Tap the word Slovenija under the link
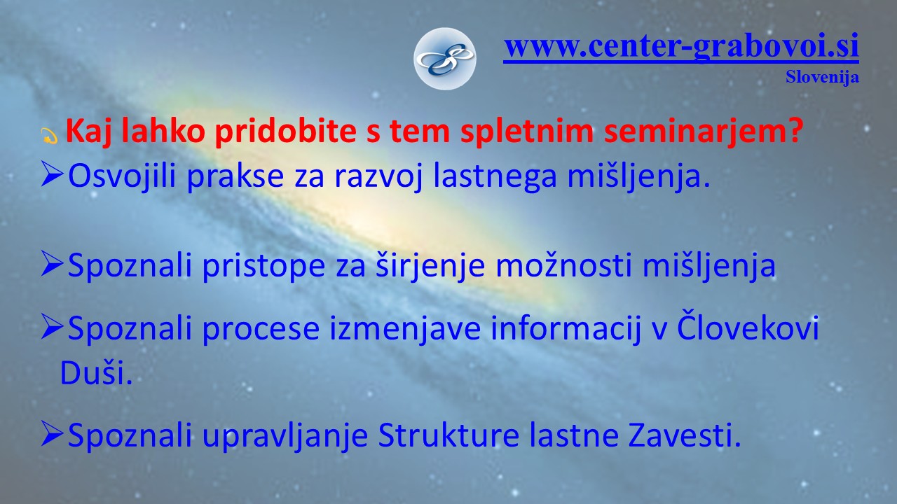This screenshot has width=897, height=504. click(822, 77)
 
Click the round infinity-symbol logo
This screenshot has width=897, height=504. click(444, 59)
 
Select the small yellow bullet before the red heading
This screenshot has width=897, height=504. click(49, 136)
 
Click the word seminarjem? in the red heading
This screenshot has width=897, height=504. click(704, 131)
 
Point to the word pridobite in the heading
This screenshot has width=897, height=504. click(285, 131)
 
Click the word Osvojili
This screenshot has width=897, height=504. click(122, 176)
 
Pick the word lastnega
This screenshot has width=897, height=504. click(495, 176)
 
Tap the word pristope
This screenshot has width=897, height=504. click(263, 265)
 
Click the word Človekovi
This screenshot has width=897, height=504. click(748, 326)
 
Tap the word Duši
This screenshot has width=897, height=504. click(96, 372)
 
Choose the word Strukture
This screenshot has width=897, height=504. click(448, 435)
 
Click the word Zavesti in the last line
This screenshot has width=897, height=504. click(685, 435)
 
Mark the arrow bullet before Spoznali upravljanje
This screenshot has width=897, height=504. click(52, 433)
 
